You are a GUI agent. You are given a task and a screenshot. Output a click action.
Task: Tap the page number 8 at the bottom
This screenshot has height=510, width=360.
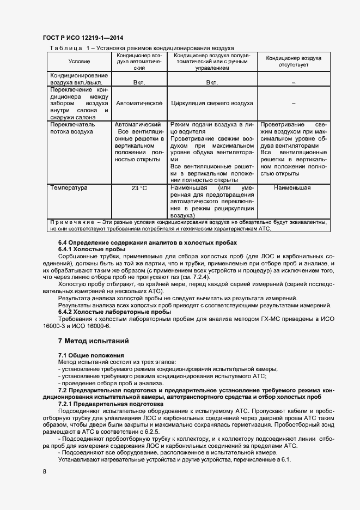(x=44, y=471)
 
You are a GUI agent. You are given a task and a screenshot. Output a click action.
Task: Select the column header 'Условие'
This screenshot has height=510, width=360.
(x=80, y=62)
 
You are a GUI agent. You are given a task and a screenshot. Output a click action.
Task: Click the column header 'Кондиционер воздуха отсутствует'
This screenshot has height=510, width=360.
(x=293, y=61)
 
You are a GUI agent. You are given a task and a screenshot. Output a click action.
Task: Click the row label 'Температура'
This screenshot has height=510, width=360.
(x=69, y=188)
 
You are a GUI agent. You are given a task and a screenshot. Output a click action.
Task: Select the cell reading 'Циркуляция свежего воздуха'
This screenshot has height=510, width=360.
(x=212, y=103)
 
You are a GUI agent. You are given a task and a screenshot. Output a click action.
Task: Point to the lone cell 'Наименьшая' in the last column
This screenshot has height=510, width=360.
(x=292, y=188)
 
